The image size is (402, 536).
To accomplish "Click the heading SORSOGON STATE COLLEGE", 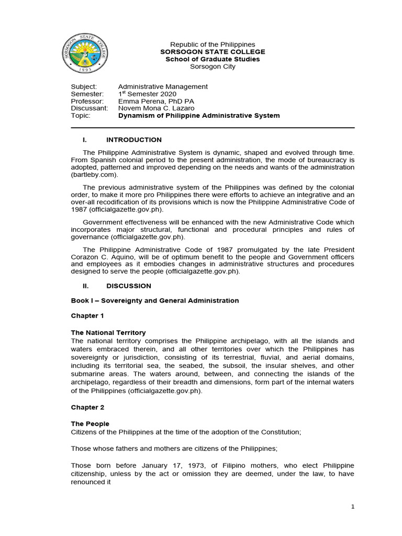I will click(x=213, y=52).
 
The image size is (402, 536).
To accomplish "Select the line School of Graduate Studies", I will click(x=213, y=59).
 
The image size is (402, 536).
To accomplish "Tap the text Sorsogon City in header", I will click(x=213, y=66).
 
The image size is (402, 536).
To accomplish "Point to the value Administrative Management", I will click(x=163, y=86).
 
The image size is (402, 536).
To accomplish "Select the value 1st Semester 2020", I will click(x=147, y=94).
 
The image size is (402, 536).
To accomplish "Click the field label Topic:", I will click(x=81, y=116).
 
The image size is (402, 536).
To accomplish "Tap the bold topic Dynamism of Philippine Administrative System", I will click(x=199, y=116).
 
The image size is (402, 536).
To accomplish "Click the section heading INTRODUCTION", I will click(x=134, y=140).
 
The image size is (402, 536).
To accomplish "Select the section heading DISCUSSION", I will click(x=129, y=286).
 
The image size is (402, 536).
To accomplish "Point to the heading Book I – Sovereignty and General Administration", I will click(x=155, y=300).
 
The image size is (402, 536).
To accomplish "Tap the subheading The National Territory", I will click(x=108, y=332).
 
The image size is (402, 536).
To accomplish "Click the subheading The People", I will click(x=90, y=423).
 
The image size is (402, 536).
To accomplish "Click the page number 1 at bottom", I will click(x=353, y=507).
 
